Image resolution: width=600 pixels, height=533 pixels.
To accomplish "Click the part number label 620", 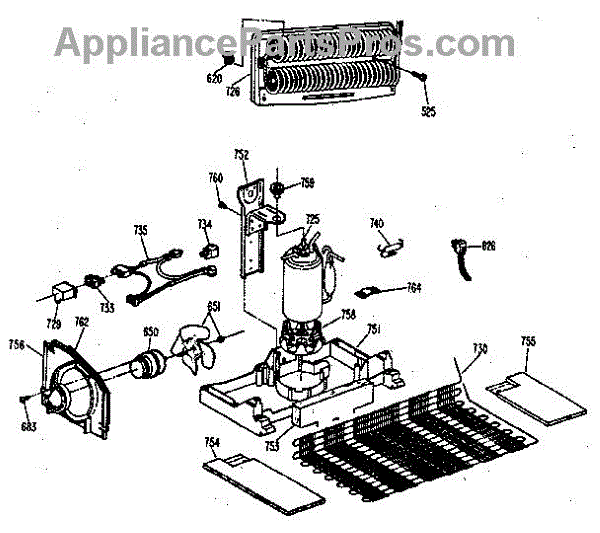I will [x=214, y=78].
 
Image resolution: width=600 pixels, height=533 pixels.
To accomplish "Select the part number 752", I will [x=241, y=154].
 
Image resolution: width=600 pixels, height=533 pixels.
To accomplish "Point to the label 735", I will [x=141, y=230].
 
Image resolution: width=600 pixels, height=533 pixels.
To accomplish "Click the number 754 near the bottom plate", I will [x=212, y=443].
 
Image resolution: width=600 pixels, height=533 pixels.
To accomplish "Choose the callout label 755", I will [x=528, y=341].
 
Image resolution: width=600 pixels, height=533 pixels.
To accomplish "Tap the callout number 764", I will [x=413, y=288].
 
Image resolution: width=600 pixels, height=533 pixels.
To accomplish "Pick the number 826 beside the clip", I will [x=489, y=245].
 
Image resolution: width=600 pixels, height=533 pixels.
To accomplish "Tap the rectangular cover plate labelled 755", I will [x=535, y=396].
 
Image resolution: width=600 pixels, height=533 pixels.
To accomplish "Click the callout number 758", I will [x=348, y=314].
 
